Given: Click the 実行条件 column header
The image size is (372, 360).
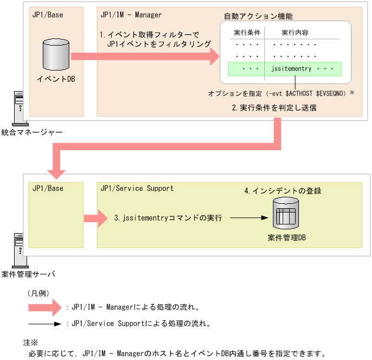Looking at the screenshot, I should pyautogui.click(x=247, y=33).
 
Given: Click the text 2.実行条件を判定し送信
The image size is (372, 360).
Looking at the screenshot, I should pyautogui.click(x=274, y=107).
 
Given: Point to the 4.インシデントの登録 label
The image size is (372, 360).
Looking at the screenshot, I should pyautogui.click(x=283, y=191).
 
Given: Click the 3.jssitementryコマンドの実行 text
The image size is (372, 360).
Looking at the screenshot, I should pyautogui.click(x=168, y=218).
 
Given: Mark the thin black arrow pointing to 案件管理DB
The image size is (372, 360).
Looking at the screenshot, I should pyautogui.click(x=249, y=218).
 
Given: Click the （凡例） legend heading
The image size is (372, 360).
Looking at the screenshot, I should pyautogui.click(x=38, y=293).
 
